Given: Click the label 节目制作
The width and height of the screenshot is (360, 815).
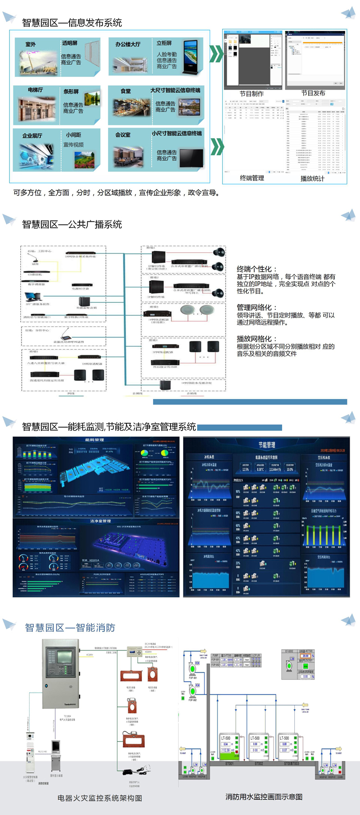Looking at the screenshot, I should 252,94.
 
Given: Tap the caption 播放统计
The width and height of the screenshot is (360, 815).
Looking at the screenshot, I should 312,179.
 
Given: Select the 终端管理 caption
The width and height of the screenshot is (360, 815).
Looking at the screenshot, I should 252,178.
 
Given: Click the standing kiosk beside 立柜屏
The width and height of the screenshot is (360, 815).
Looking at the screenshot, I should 190,58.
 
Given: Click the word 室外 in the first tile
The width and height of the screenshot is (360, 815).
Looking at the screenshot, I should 31,44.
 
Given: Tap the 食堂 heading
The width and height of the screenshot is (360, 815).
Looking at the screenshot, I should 126,91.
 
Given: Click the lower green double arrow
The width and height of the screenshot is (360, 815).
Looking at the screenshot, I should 217,146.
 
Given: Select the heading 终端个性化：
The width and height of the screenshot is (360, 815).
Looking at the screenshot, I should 254,269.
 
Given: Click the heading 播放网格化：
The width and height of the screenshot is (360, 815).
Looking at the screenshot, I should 257,339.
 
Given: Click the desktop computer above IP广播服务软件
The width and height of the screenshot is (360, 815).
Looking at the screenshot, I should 32,297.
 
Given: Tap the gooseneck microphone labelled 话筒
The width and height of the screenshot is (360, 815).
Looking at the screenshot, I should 35,258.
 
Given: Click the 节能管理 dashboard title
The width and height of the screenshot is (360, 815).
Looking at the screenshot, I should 266,445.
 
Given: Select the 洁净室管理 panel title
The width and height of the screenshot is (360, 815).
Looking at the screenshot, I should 100,521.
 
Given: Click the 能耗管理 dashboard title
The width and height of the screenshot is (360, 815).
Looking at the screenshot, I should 94,440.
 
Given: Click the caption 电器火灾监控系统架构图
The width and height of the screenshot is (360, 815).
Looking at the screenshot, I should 100,798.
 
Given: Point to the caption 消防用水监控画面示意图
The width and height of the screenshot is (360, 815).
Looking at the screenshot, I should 264,797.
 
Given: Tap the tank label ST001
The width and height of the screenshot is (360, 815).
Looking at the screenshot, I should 229,763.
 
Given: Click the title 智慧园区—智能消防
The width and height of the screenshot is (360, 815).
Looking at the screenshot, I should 70,627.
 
